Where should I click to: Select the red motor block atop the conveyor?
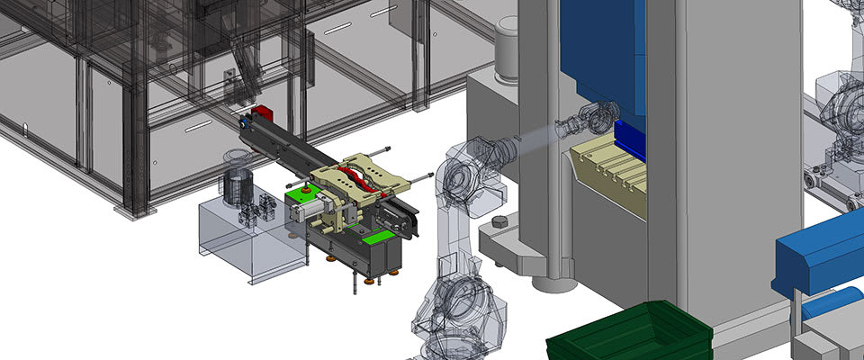click(x=261, y=112)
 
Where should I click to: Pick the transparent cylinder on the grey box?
click(x=237, y=186)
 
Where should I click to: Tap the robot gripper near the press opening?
click(x=577, y=123)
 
